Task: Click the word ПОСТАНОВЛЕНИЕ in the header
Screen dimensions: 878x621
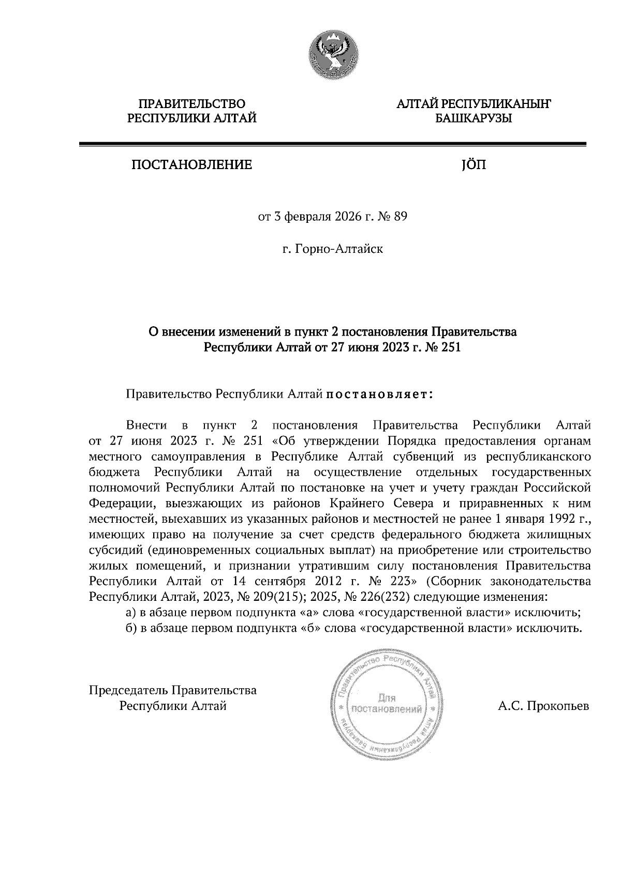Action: [x=191, y=165]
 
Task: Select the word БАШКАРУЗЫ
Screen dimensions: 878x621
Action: [x=473, y=118]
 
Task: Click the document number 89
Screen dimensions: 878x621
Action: [x=401, y=217]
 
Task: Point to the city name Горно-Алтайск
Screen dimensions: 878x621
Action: [x=339, y=249]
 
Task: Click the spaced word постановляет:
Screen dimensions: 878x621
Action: [x=378, y=395]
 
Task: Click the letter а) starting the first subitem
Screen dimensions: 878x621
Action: [x=131, y=612]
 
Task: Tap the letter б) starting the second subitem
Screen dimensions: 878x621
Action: [x=131, y=628]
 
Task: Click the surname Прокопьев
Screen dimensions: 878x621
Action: [x=557, y=706]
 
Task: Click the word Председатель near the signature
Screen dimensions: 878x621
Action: [x=129, y=690]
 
